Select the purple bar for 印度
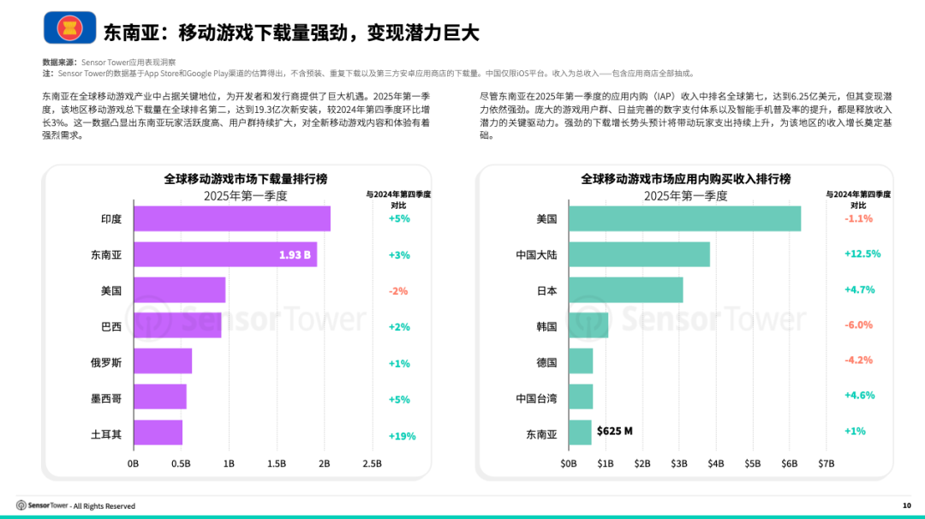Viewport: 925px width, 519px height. (231, 218)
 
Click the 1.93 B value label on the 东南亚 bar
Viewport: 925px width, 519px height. (295, 255)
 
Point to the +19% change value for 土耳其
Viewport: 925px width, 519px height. (402, 436)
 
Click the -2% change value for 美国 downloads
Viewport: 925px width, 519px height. (398, 291)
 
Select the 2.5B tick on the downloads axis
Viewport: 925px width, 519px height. (372, 463)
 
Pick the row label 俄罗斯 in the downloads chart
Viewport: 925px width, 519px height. (106, 363)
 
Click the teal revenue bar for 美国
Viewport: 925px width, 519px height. (684, 218)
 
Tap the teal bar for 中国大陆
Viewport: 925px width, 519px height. (639, 254)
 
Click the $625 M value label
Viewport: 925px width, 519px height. (614, 431)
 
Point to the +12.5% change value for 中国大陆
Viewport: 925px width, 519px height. (862, 254)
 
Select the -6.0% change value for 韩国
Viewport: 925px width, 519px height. (858, 325)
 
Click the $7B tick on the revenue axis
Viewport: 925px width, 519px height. (826, 463)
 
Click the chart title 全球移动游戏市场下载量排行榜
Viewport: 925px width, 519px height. (245, 179)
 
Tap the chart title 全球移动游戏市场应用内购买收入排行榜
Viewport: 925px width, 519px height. (685, 179)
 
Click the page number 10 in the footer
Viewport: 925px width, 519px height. (906, 505)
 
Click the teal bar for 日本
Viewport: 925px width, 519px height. (625, 290)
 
